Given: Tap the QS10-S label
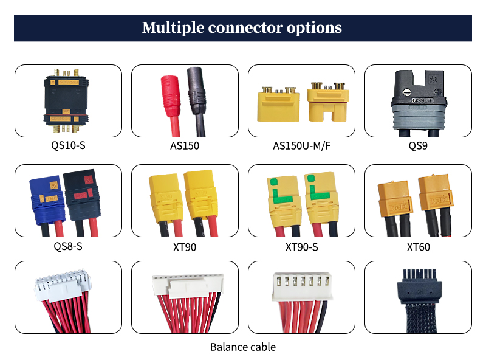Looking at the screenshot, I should (x=68, y=146).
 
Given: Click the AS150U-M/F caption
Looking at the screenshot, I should (x=301, y=146).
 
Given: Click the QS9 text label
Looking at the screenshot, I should (x=418, y=146).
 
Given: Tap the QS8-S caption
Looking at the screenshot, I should (x=68, y=247).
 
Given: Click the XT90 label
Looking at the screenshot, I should (x=185, y=247).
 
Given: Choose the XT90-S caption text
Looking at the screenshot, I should (x=301, y=247).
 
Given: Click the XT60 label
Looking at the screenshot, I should (x=418, y=247).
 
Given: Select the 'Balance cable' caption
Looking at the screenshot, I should (x=243, y=347).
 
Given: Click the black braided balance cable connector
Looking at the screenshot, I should (x=418, y=289).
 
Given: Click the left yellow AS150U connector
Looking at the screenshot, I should (x=278, y=105).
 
